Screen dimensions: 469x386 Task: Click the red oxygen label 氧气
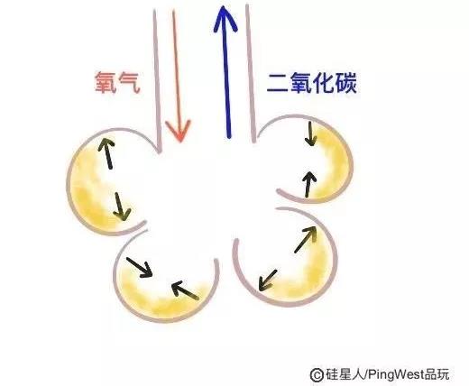(x=117, y=82)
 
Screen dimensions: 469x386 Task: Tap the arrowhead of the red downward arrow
(x=179, y=131)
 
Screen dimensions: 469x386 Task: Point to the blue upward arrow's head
(x=225, y=18)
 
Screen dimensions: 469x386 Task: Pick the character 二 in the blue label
(x=277, y=83)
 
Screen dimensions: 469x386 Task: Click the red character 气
(x=129, y=82)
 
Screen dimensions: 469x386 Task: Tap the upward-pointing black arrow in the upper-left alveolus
(x=106, y=152)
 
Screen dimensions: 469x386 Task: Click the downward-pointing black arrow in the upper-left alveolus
(x=121, y=207)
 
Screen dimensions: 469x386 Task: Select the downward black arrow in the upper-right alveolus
(x=310, y=133)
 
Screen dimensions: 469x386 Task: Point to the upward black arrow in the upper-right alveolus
(x=308, y=184)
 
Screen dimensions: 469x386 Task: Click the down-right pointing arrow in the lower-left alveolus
(x=139, y=267)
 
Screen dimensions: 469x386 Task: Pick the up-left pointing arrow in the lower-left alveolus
(x=185, y=290)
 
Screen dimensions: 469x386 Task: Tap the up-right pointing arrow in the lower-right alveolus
(x=306, y=239)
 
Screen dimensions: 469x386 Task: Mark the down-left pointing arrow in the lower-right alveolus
(x=268, y=280)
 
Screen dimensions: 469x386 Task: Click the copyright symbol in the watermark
(x=317, y=374)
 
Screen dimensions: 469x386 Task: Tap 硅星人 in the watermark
(x=345, y=374)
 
